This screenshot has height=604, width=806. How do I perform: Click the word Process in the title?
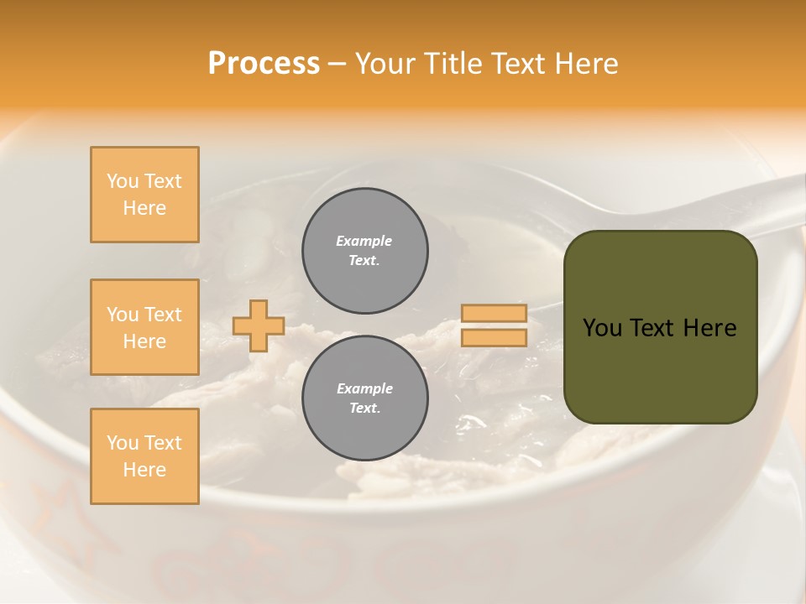tap(264, 64)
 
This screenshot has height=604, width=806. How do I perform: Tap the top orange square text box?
tap(144, 195)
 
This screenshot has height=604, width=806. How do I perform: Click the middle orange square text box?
tap(144, 327)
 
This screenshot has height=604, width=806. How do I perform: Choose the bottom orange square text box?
tap(144, 456)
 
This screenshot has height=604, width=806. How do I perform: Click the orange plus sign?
tap(259, 325)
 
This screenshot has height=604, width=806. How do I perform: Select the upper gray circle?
tap(364, 251)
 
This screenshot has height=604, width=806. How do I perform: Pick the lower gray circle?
tap(364, 398)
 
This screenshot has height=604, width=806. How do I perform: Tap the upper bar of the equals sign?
tap(494, 314)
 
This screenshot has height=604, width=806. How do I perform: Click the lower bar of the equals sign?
tap(494, 337)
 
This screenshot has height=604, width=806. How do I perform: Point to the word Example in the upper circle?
tap(364, 241)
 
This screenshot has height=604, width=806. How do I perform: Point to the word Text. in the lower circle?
tap(364, 409)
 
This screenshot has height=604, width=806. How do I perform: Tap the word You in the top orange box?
tap(122, 181)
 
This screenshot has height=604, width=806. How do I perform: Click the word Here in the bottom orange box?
tap(144, 470)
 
